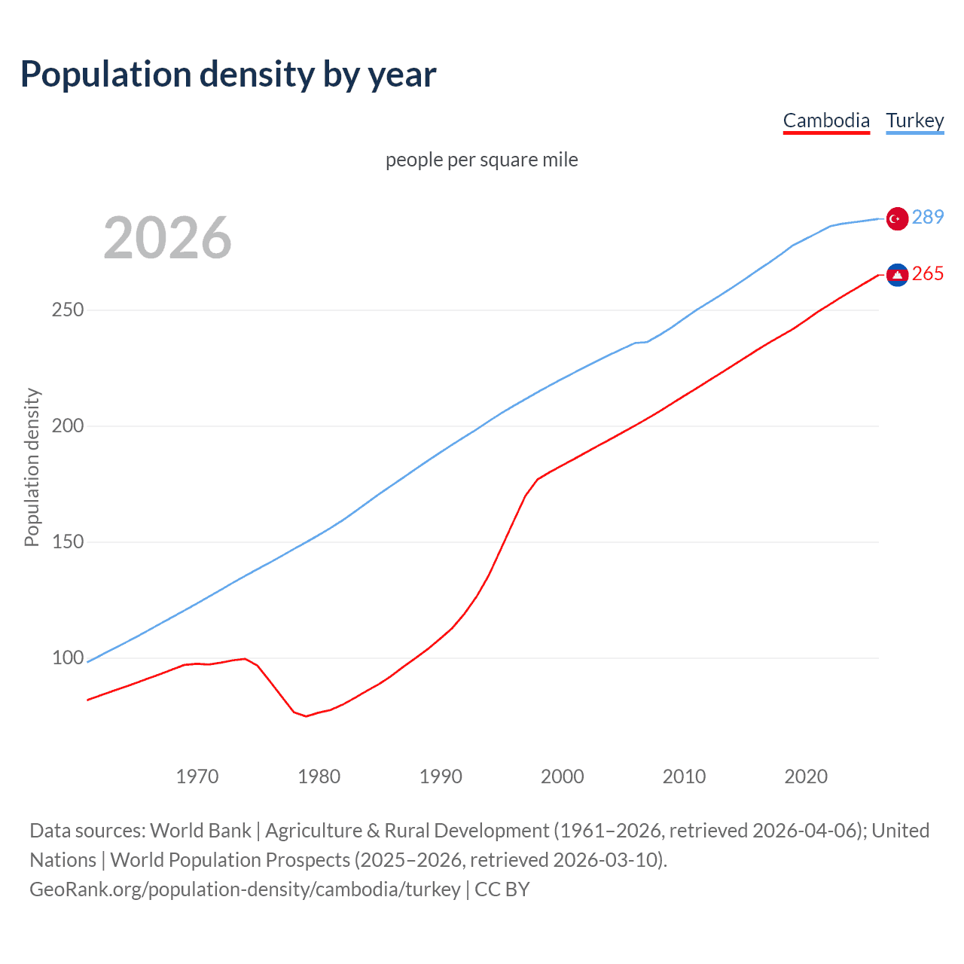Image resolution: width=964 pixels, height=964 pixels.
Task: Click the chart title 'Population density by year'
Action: [228, 75]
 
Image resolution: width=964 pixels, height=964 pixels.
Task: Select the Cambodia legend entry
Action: [826, 120]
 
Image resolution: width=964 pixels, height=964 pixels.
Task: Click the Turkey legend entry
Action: [914, 120]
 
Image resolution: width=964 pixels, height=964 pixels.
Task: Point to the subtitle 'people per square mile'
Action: [481, 160]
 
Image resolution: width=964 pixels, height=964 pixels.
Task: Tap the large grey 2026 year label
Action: [167, 238]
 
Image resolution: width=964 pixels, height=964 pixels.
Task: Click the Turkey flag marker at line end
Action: [897, 218]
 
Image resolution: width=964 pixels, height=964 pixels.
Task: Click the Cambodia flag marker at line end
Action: [897, 275]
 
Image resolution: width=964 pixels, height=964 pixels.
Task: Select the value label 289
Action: [927, 217]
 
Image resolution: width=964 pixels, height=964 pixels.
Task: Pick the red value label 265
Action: [927, 273]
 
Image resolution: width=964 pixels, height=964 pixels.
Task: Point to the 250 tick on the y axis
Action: [68, 310]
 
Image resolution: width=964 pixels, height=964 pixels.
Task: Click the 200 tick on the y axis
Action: [68, 426]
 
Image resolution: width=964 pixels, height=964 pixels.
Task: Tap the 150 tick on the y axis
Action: [68, 542]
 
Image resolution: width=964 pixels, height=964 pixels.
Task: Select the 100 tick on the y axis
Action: [68, 658]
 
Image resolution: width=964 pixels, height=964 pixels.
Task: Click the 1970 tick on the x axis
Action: [197, 776]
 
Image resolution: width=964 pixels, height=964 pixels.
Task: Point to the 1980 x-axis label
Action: [319, 776]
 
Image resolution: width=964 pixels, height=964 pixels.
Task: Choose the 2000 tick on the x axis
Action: [563, 776]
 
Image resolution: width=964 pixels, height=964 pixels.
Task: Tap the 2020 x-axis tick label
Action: [806, 776]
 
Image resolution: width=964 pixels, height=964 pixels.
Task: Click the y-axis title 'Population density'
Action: [32, 467]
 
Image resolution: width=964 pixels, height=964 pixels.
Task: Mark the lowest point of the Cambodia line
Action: [307, 715]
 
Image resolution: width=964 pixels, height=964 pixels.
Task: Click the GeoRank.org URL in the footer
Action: [245, 889]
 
